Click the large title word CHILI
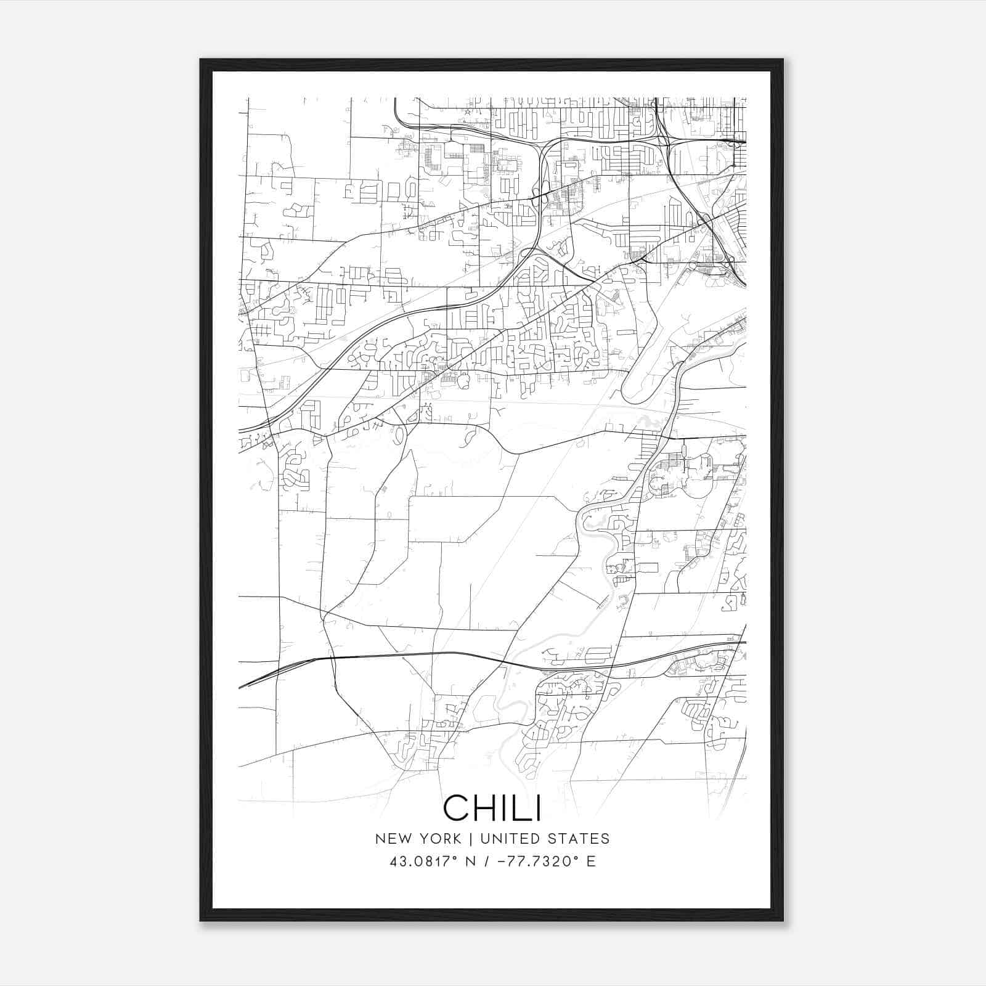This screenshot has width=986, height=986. (492, 807)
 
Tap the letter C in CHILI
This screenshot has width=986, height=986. (455, 807)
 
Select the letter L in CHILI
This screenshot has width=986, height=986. (521, 807)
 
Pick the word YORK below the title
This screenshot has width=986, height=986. (438, 839)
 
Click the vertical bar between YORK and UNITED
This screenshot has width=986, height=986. (470, 839)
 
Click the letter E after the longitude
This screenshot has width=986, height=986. (591, 862)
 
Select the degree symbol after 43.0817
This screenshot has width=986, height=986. (452, 857)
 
